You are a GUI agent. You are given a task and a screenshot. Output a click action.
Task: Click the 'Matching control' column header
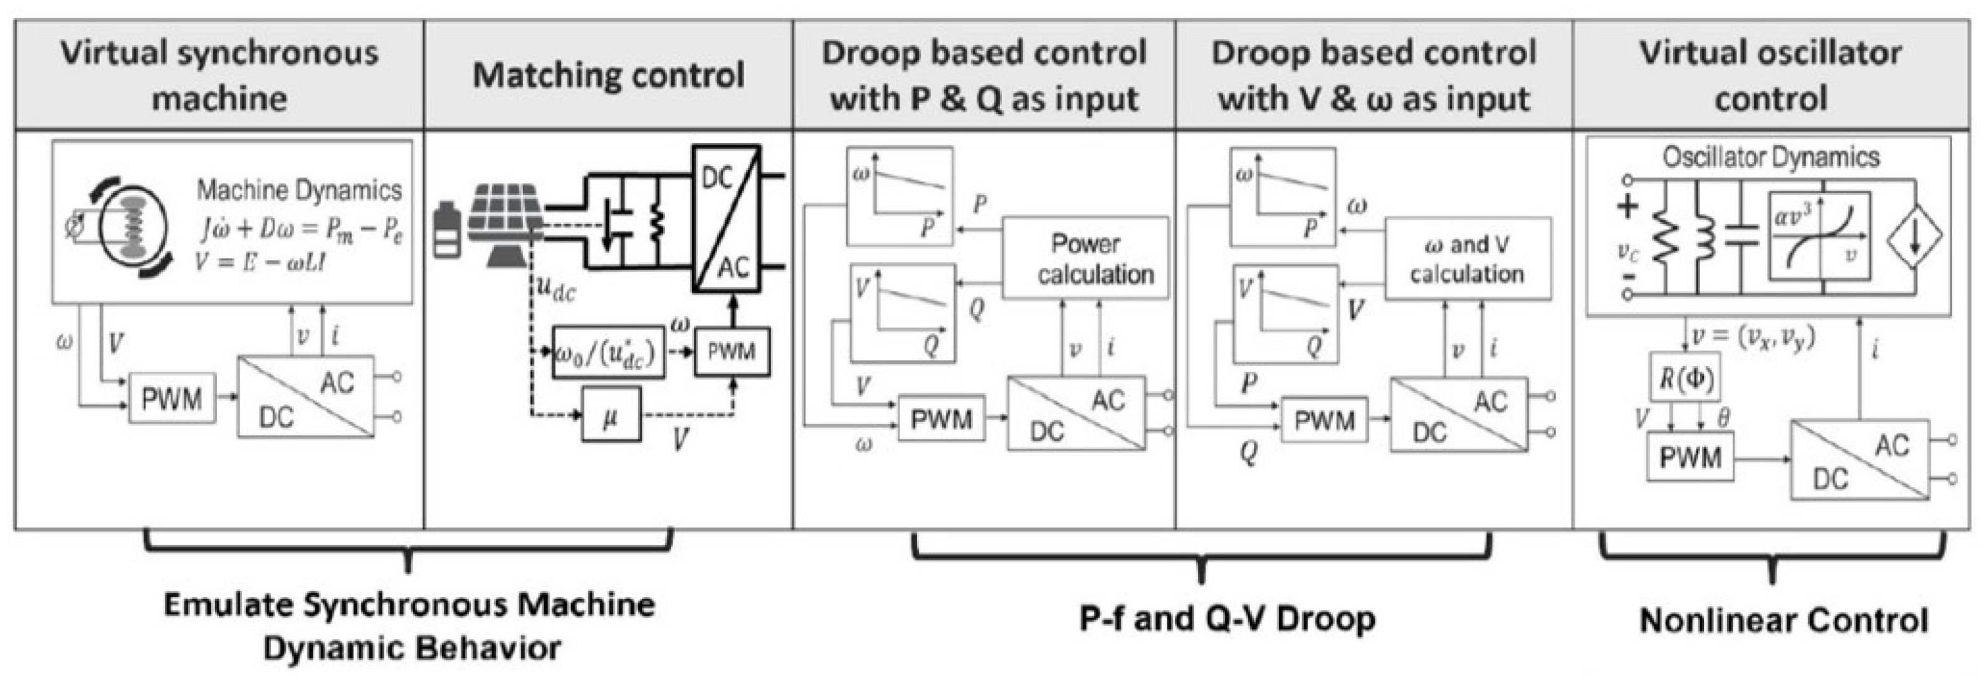click(x=608, y=75)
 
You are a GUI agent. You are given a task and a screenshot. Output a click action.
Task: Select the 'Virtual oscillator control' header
click(x=1770, y=75)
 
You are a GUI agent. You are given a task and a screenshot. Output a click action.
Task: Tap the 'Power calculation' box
click(x=1085, y=258)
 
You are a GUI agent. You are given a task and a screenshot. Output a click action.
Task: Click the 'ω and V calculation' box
click(x=1467, y=258)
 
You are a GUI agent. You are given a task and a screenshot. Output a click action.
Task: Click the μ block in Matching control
click(x=611, y=414)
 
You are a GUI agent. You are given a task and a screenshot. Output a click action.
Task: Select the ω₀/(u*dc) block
click(x=608, y=352)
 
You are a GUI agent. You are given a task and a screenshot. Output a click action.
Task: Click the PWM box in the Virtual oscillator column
click(x=1690, y=457)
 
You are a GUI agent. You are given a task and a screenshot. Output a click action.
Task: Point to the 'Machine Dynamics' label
click(x=299, y=189)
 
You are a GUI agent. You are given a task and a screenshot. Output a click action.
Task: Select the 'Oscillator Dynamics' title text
click(x=1770, y=157)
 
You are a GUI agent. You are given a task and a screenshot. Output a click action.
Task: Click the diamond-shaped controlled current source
click(x=1915, y=238)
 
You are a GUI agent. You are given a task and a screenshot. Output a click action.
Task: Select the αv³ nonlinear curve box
click(x=1819, y=236)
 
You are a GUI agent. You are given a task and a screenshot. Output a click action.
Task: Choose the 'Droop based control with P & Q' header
click(x=984, y=75)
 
